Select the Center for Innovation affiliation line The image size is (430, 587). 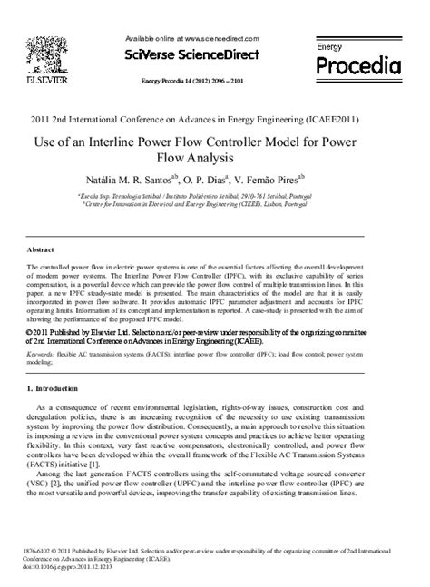tap(214, 205)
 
